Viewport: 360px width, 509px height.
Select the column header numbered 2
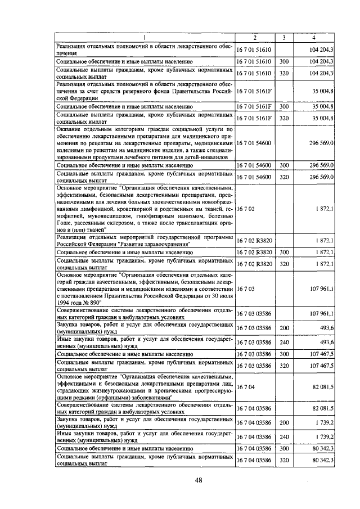coord(255,38)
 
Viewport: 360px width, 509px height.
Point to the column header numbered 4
coord(314,38)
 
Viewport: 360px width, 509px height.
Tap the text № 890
coord(88,302)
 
